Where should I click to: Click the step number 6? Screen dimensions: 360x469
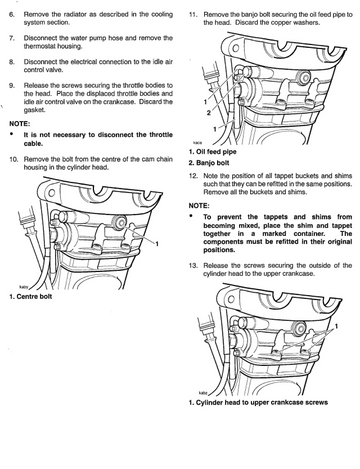click(12, 15)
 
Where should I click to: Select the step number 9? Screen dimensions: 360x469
click(12, 85)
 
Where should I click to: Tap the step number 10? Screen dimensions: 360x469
click(13, 159)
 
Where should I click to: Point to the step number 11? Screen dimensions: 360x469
click(193, 15)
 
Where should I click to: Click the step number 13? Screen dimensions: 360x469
click(193, 266)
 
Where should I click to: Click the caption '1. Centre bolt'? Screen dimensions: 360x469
click(31, 296)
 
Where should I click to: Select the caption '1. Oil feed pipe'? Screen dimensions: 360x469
click(213, 152)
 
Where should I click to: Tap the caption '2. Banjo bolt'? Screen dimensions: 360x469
click(209, 163)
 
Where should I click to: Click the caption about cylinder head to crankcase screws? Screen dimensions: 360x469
click(258, 403)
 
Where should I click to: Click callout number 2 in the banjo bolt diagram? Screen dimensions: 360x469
click(209, 113)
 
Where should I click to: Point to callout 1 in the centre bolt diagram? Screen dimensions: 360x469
click(157, 244)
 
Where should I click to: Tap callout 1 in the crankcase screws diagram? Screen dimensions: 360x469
click(337, 326)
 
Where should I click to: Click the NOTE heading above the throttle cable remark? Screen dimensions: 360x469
click(20, 124)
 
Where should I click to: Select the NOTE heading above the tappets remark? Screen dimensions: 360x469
click(199, 206)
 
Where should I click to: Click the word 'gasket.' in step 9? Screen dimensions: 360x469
click(34, 110)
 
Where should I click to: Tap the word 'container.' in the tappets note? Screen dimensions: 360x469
click(309, 234)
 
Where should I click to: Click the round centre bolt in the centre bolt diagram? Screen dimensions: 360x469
click(120, 222)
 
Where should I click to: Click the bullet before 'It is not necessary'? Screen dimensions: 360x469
click(12, 134)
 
